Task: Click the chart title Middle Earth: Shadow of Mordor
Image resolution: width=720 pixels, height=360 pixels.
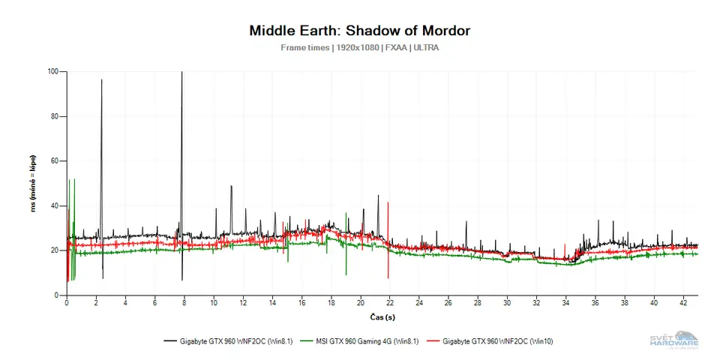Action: pyautogui.click(x=360, y=31)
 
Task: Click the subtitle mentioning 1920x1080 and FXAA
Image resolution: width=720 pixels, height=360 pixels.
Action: pyautogui.click(x=360, y=47)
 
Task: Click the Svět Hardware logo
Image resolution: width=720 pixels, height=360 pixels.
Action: pyautogui.click(x=673, y=340)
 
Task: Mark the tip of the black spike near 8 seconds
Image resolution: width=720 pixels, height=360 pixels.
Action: pyautogui.click(x=181, y=73)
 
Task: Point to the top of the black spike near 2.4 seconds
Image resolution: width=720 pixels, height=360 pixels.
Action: pyautogui.click(x=102, y=79)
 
